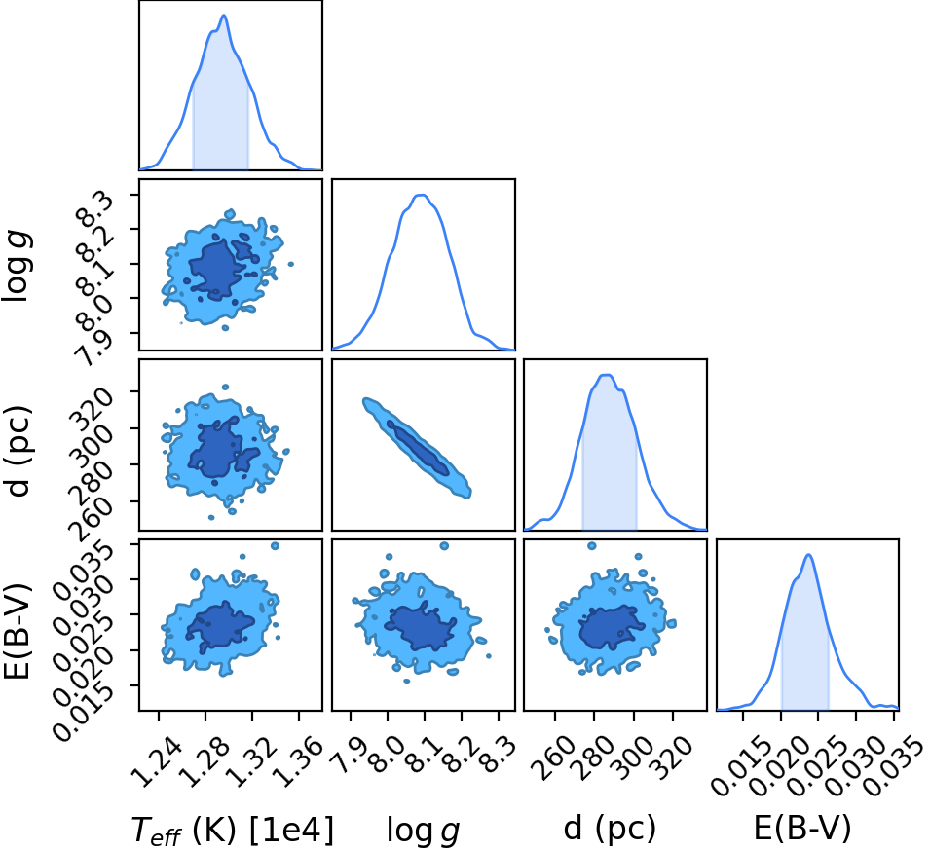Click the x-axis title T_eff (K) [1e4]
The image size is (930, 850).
pyautogui.click(x=233, y=829)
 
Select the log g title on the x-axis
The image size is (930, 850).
pyautogui.click(x=423, y=830)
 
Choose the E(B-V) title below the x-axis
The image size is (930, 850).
pyautogui.click(x=802, y=828)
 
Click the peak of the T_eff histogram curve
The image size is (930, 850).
pyautogui.click(x=224, y=16)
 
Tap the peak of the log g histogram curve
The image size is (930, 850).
pyautogui.click(x=422, y=195)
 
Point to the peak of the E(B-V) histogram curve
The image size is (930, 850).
pyautogui.click(x=808, y=555)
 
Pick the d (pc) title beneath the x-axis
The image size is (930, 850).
pyautogui.click(x=610, y=828)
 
